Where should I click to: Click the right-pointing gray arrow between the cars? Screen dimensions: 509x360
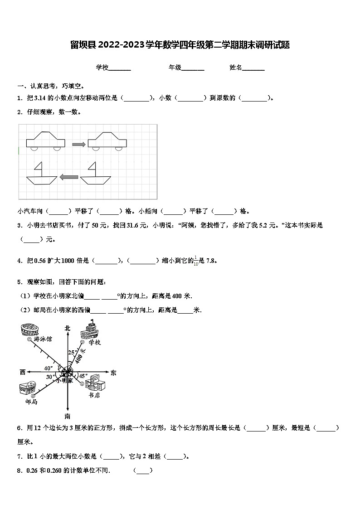tap(79, 144)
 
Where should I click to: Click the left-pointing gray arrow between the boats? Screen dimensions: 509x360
tap(69, 177)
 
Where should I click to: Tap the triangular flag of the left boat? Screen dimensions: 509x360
tap(39, 168)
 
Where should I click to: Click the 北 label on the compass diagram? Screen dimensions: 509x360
tap(68, 328)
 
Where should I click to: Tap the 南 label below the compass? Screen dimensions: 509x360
tap(68, 416)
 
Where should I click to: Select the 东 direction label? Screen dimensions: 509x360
tap(113, 373)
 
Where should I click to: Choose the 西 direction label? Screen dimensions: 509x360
tap(23, 372)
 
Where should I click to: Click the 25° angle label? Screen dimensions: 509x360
tap(72, 352)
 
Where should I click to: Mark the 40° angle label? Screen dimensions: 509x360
tap(48, 368)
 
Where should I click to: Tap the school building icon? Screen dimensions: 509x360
tap(90, 330)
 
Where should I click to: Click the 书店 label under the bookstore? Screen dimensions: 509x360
tap(94, 395)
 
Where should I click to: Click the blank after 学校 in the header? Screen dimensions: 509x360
tap(120, 68)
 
